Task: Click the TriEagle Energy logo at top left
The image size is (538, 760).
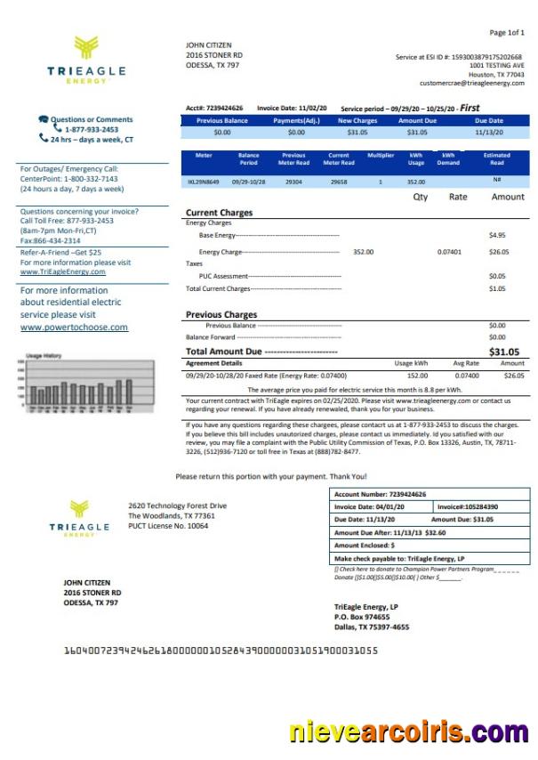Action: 86,60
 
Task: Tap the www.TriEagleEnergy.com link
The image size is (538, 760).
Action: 62,271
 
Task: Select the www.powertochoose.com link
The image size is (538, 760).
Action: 74,327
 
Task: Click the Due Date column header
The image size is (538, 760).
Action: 488,120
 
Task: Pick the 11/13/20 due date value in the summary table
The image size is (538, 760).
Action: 488,132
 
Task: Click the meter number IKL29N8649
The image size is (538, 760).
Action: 204,181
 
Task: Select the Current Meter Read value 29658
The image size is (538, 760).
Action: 338,181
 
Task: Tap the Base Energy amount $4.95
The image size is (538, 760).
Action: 496,235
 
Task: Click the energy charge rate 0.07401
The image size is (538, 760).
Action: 449,252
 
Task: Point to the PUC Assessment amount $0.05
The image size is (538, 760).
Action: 496,276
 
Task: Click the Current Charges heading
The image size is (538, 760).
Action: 219,213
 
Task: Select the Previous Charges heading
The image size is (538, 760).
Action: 221,314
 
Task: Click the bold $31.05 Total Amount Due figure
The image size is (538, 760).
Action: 503,352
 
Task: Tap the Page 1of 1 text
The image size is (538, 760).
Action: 507,33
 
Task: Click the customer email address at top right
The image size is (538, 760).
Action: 471,83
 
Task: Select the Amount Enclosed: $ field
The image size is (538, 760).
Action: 365,545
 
